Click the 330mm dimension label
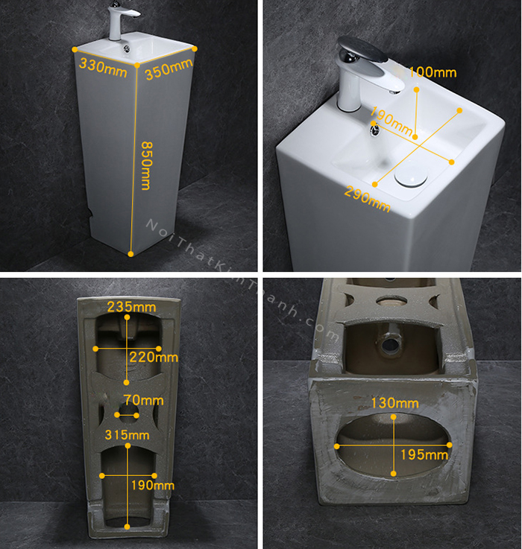click(x=103, y=68)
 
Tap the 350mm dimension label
click(x=169, y=69)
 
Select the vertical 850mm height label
click(x=147, y=165)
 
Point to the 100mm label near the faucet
click(x=433, y=72)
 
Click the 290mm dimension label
click(x=367, y=199)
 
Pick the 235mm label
click(x=131, y=307)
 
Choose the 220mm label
click(x=154, y=357)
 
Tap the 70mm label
click(x=143, y=400)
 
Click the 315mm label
click(x=128, y=435)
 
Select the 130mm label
click(x=395, y=403)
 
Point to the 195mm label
click(x=424, y=455)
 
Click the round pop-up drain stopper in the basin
click(x=411, y=174)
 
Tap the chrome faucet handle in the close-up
click(x=362, y=48)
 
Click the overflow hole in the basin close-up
click(x=375, y=130)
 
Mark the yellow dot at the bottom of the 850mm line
click(x=130, y=254)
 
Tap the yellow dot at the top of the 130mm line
click(x=393, y=417)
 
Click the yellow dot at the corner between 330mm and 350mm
click(x=137, y=65)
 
